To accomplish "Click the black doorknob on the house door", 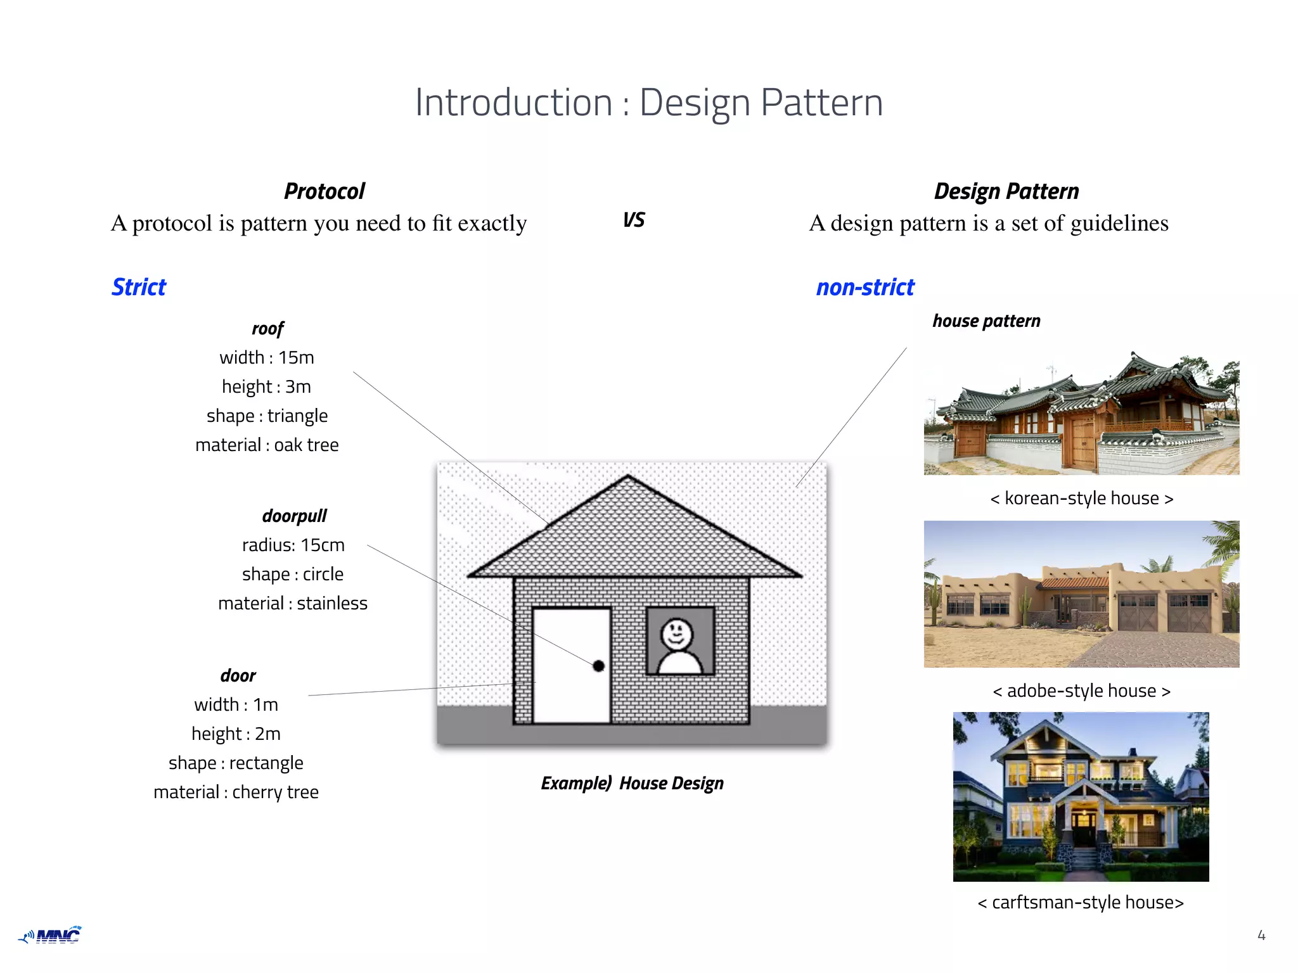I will pyautogui.click(x=598, y=666).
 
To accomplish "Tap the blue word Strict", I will pyautogui.click(x=139, y=287).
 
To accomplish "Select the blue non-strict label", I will pyautogui.click(x=865, y=288).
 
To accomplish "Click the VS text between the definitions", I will pyautogui.click(x=634, y=220).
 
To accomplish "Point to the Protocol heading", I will pyautogui.click(x=324, y=191).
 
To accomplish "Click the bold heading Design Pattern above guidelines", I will pyautogui.click(x=1006, y=191).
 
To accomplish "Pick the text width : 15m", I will pyautogui.click(x=267, y=357).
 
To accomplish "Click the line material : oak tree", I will pyautogui.click(x=267, y=445).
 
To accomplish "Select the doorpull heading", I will pyautogui.click(x=294, y=516).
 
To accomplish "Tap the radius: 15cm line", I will pyautogui.click(x=293, y=545).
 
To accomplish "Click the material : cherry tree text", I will pyautogui.click(x=236, y=792).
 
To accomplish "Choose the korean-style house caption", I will pyautogui.click(x=1081, y=499).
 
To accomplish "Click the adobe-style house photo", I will pyautogui.click(x=1081, y=594).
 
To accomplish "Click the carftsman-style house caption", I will pyautogui.click(x=1080, y=902).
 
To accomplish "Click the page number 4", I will pyautogui.click(x=1261, y=935).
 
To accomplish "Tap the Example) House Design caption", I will pyautogui.click(x=632, y=784).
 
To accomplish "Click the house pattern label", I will pyautogui.click(x=986, y=321).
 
